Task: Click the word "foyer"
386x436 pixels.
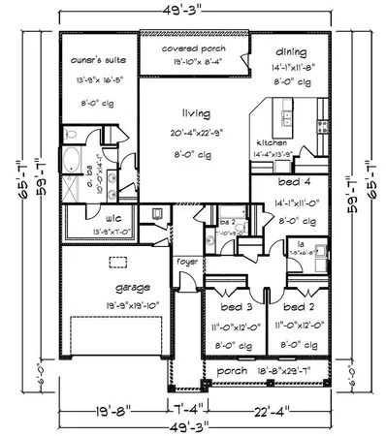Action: point(186,262)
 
